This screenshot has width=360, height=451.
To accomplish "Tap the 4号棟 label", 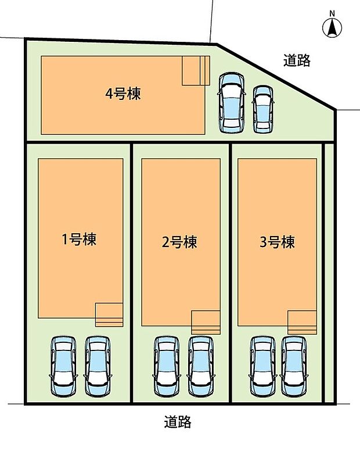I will click(x=123, y=94).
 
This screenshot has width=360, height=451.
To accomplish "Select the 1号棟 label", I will click(x=79, y=239).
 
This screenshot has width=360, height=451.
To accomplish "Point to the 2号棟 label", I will click(x=179, y=242).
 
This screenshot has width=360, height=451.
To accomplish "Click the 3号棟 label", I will click(x=277, y=242).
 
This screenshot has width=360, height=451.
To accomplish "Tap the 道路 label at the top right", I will click(x=297, y=60).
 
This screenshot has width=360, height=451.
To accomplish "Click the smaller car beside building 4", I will click(x=263, y=109).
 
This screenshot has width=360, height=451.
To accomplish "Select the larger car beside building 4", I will click(x=231, y=103).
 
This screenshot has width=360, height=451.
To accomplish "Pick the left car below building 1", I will click(x=63, y=367).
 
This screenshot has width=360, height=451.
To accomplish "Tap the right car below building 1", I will click(x=97, y=367).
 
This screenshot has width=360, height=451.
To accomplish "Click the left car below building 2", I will click(x=167, y=367).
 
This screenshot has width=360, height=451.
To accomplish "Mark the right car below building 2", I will click(x=201, y=367).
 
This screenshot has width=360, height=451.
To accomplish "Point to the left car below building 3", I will click(x=262, y=367).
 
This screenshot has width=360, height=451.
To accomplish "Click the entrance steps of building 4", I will click(x=195, y=71).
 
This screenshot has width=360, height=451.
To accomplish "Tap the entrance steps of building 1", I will click(x=109, y=314).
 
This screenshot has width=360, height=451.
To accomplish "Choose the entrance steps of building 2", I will click(x=206, y=322).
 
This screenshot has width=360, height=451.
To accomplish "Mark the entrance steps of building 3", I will click(x=302, y=322).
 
